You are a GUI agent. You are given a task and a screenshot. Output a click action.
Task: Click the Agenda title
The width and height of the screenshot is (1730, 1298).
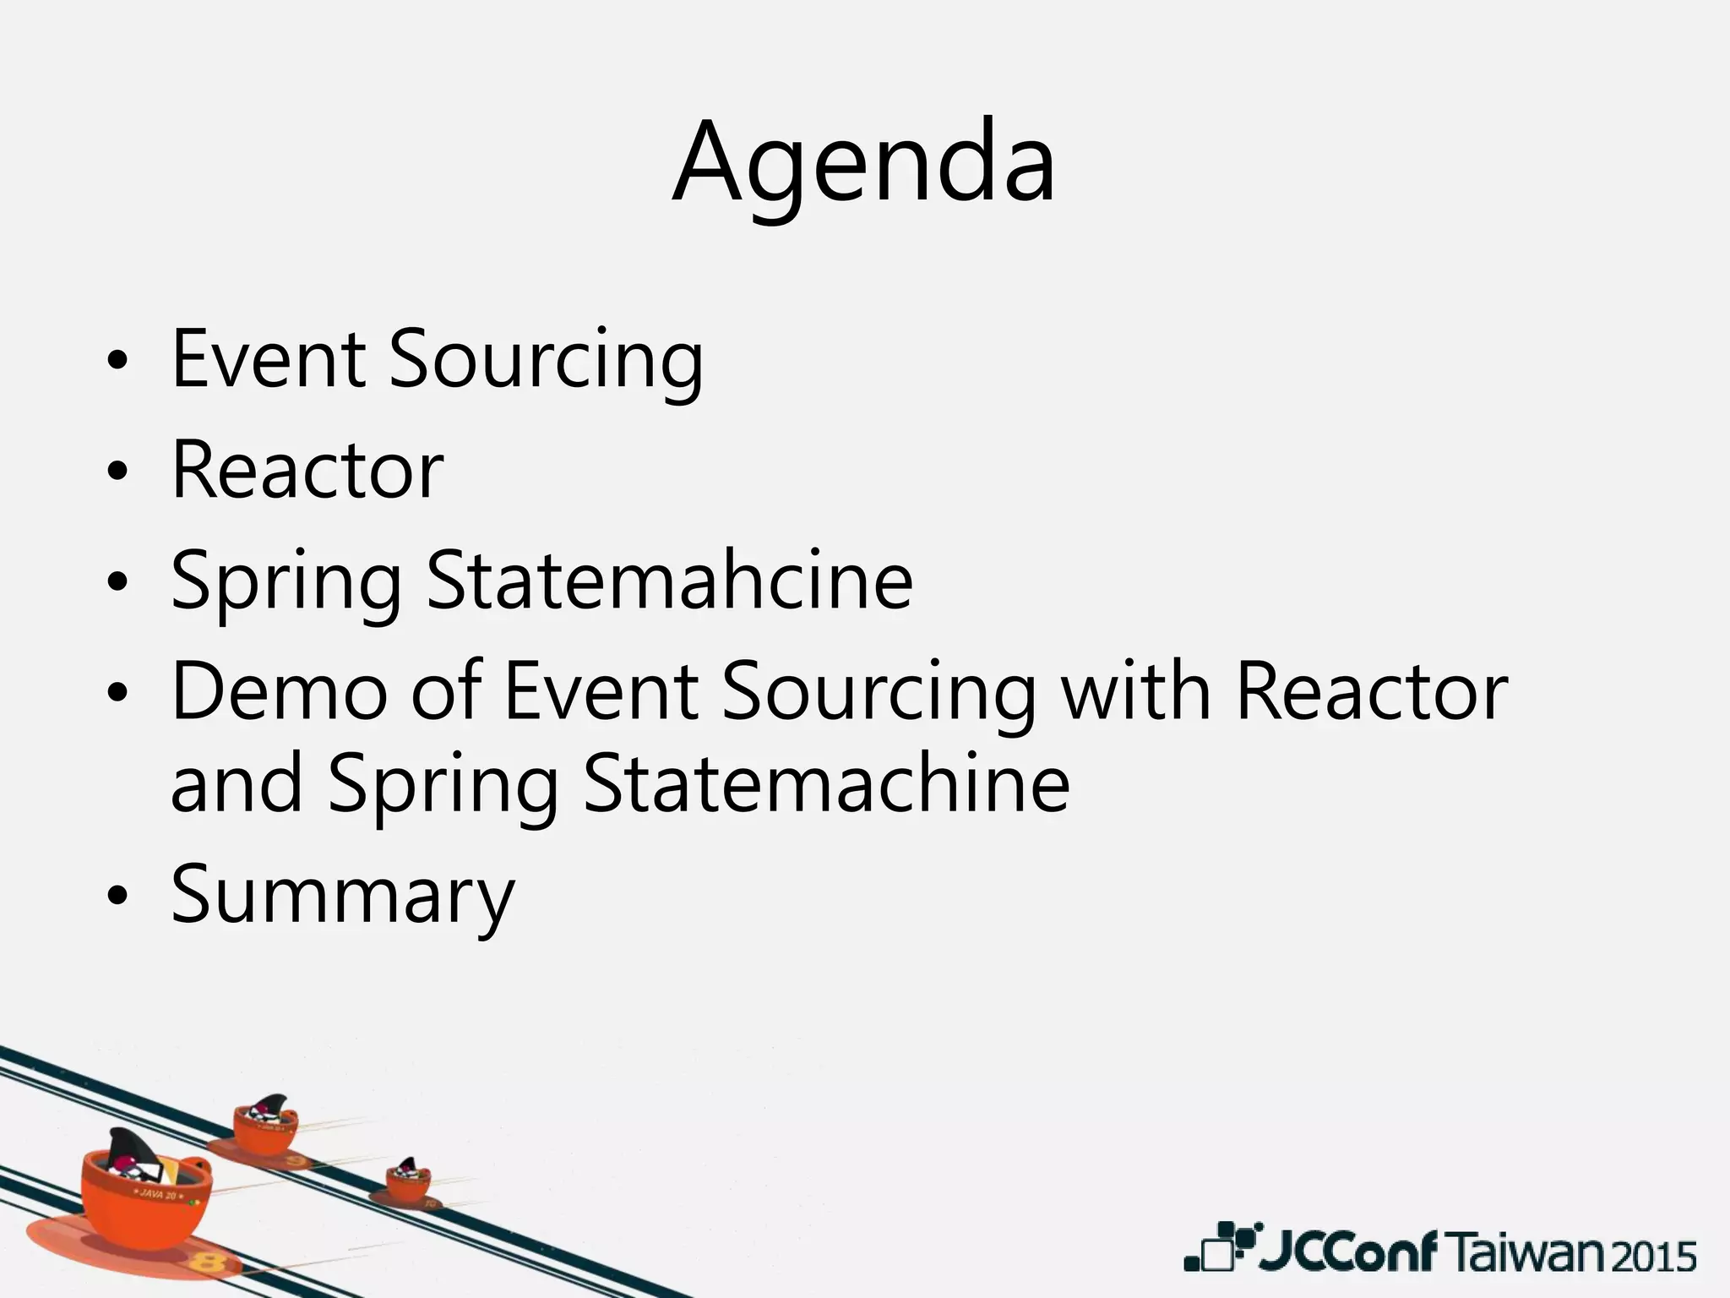point(863,165)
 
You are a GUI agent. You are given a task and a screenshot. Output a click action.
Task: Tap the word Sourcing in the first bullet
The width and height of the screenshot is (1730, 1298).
point(545,363)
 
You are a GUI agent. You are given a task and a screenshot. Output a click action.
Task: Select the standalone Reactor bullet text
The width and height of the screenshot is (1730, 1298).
point(307,471)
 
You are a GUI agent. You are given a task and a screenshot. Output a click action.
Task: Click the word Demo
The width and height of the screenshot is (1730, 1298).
point(280,693)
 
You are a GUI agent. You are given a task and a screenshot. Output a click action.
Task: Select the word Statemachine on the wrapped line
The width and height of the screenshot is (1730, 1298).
point(826,786)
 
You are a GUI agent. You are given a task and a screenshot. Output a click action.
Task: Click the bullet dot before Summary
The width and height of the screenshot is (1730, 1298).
point(117,897)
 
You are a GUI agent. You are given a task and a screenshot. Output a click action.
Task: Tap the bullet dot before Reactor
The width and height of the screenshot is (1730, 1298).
point(117,472)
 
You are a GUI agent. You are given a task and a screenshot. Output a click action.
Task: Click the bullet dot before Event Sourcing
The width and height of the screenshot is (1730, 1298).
point(117,362)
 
